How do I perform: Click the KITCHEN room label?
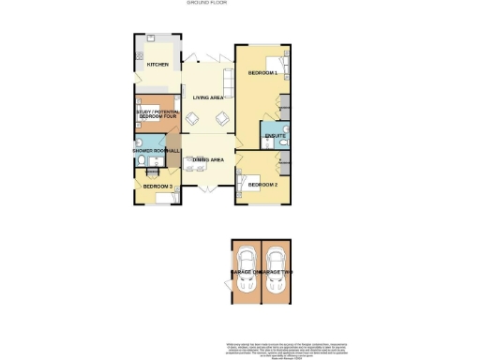[x=157, y=65]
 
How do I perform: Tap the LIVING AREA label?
[x=207, y=97]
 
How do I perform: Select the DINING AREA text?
[x=207, y=160]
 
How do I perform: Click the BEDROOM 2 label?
[x=263, y=186]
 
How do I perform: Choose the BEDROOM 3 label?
[x=157, y=187]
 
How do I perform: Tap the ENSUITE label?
[x=275, y=137]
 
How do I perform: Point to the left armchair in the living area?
[x=192, y=118]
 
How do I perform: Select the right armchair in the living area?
[x=222, y=118]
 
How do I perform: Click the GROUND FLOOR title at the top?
[x=240, y=5]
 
